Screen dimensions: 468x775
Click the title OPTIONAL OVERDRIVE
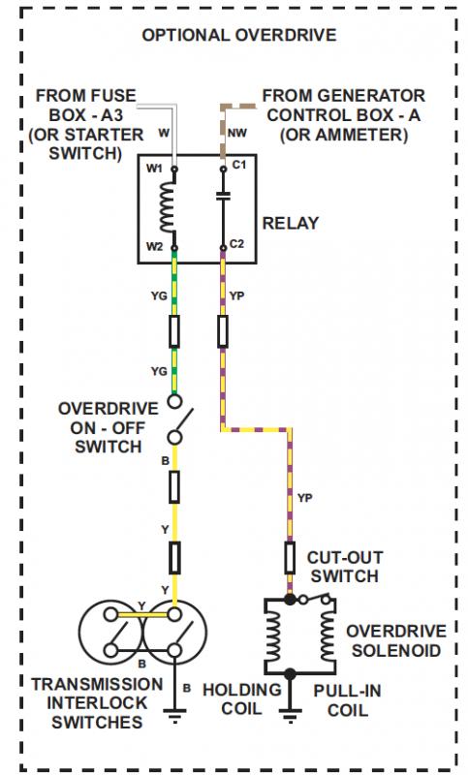point(239,35)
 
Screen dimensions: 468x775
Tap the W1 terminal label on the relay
point(154,169)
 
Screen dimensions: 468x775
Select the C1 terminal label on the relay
point(238,165)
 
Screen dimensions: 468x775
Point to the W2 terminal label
point(155,246)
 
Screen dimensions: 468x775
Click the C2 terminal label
point(236,244)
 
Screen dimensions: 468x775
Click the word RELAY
point(290,223)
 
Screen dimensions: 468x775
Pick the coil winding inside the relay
point(168,206)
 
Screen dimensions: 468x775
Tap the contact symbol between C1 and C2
point(223,197)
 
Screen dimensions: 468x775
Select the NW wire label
point(237,133)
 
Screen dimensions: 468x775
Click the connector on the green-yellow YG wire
point(174,331)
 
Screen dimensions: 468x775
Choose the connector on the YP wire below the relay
point(223,330)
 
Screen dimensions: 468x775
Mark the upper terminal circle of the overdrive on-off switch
point(174,401)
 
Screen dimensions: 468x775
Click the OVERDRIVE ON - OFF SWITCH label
point(109,427)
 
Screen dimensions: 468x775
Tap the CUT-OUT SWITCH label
point(344,567)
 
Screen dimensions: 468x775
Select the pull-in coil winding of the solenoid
point(328,635)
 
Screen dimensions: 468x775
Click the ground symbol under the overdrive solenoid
point(290,715)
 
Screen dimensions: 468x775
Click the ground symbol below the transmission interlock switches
point(174,715)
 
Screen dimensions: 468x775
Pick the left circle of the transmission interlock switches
point(111,633)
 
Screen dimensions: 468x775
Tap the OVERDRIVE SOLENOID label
point(396,640)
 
